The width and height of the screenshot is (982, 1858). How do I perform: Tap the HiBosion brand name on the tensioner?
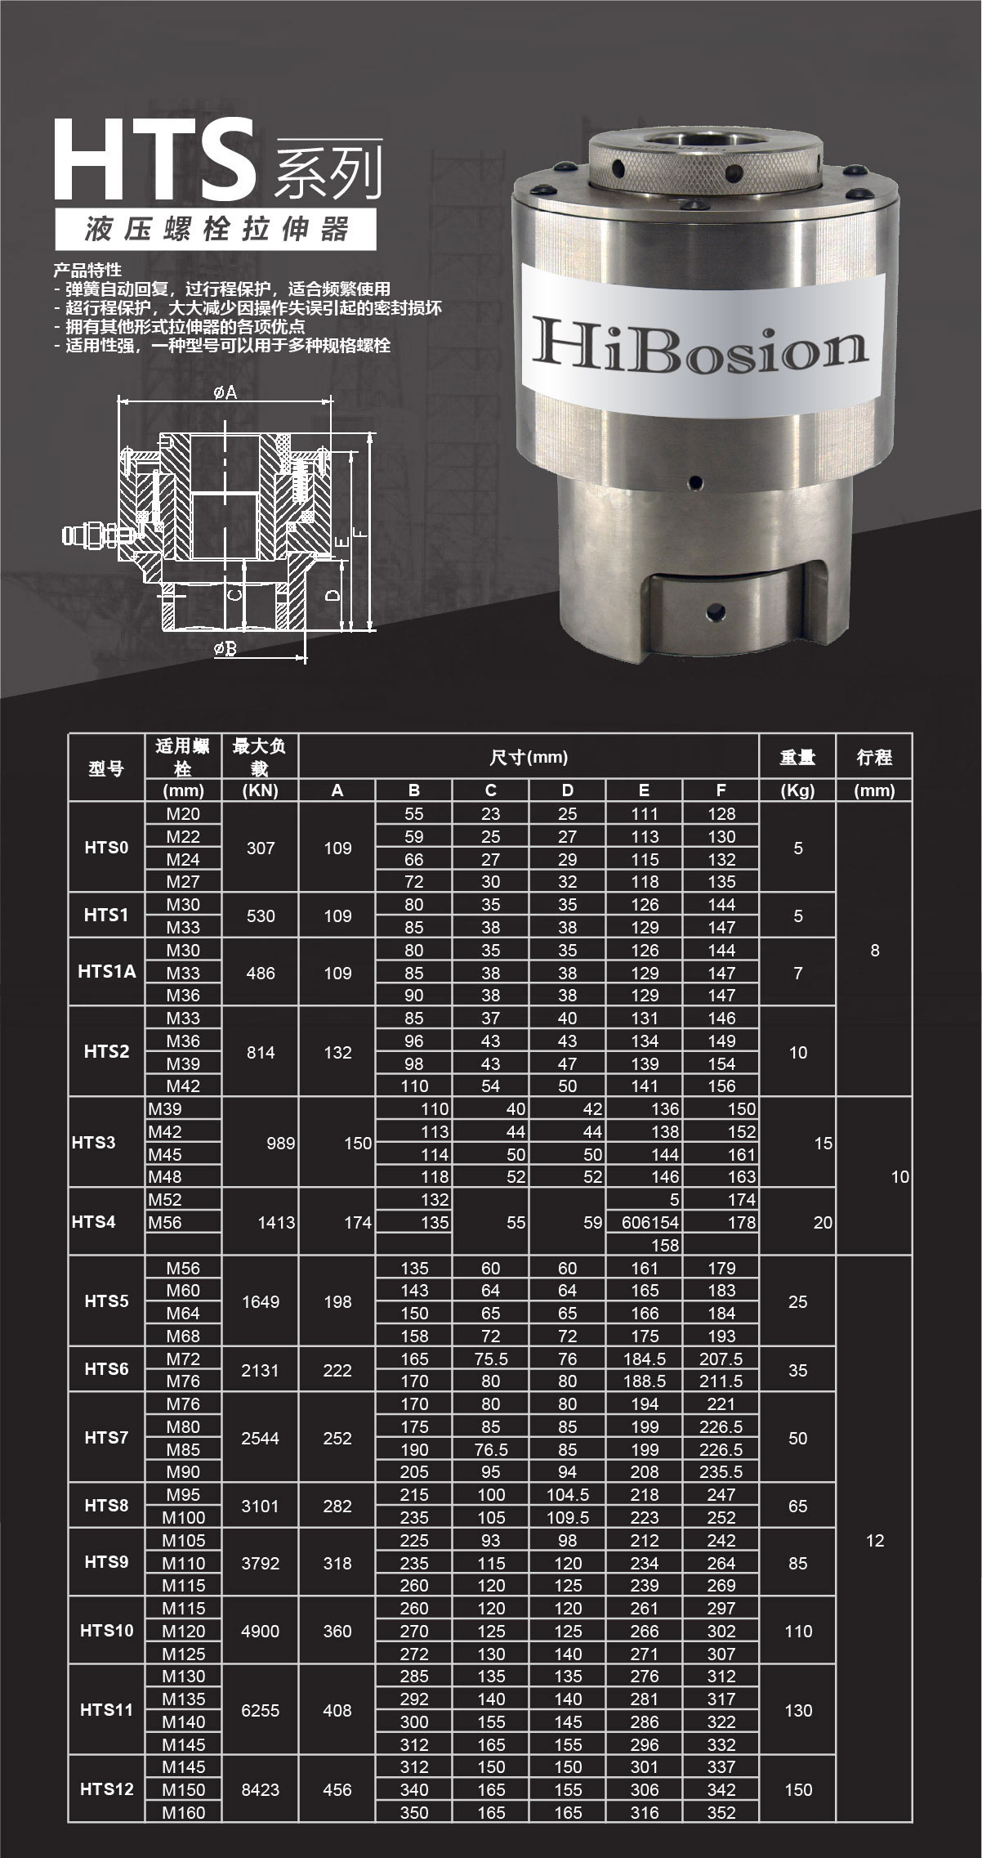(x=699, y=342)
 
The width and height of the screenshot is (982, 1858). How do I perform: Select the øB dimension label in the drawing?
(x=225, y=650)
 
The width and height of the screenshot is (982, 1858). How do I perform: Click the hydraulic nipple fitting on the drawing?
(x=90, y=535)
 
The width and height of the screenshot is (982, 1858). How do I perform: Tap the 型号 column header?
(x=106, y=768)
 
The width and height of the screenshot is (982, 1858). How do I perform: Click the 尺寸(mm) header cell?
(x=529, y=757)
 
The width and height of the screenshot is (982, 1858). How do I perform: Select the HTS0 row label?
(x=106, y=848)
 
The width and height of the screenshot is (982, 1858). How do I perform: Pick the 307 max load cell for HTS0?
(x=261, y=848)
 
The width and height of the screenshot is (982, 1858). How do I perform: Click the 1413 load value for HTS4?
(x=276, y=1222)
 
